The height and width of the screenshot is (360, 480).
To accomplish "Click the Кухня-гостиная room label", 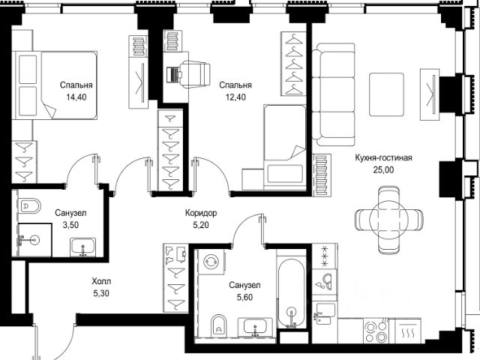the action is (x=383, y=158).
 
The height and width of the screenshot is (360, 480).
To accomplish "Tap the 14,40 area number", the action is (x=76, y=97).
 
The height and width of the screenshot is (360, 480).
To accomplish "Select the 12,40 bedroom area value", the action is (x=235, y=97).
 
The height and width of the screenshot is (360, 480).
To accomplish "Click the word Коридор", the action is (x=201, y=213).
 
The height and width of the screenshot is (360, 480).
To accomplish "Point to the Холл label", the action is (x=101, y=281).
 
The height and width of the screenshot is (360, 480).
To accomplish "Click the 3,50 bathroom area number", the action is (x=70, y=225).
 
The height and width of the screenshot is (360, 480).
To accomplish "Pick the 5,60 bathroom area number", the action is (x=245, y=297).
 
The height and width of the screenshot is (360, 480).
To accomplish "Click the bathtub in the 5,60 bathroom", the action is (x=291, y=293).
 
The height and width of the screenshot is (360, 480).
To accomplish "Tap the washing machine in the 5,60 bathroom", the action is (x=211, y=262).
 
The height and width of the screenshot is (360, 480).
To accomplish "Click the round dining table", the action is (x=389, y=219).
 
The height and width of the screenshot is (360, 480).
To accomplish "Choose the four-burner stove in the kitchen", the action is (x=379, y=331).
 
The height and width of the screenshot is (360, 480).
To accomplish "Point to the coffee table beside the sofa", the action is (x=387, y=94).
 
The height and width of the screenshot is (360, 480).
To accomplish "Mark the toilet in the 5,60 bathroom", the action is (x=219, y=325).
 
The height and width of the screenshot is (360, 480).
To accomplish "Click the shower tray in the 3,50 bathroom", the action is (x=34, y=240).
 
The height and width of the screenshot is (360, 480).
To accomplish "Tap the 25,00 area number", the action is (x=383, y=170).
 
